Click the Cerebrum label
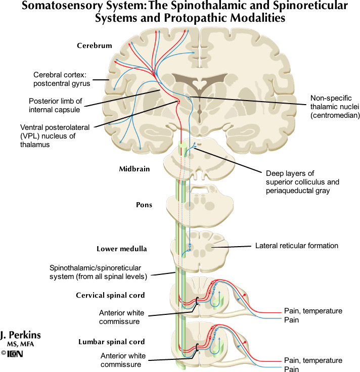pyautogui.click(x=95, y=46)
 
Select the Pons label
pyautogui.click(x=144, y=205)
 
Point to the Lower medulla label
pyautogui.click(x=121, y=249)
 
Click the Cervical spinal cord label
pyautogui.click(x=111, y=295)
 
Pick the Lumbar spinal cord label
pyautogui.click(x=112, y=342)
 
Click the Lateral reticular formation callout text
pyautogui.click(x=296, y=246)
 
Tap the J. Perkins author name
pyautogui.click(x=21, y=335)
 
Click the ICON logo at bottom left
pyautogui.click(x=15, y=354)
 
